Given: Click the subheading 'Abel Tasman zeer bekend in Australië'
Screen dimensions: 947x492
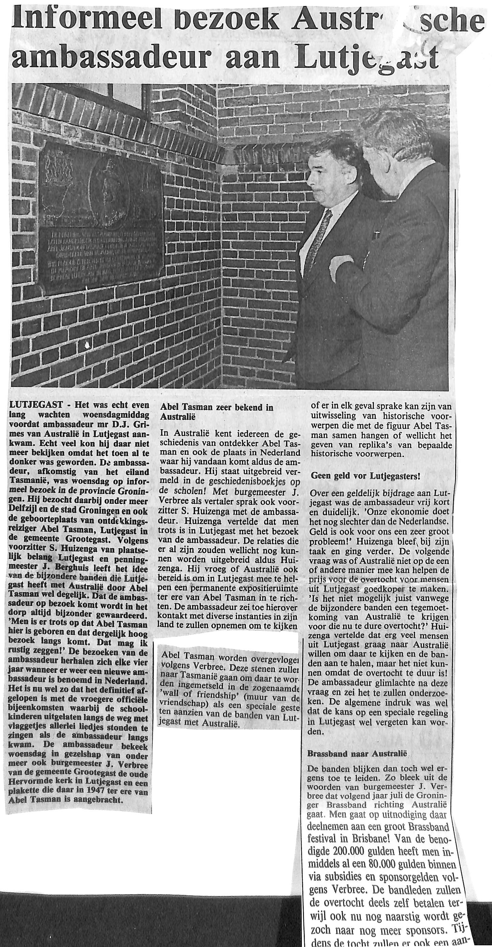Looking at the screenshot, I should [217, 411].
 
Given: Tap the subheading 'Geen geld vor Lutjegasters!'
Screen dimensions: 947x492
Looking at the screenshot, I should [365, 476].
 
